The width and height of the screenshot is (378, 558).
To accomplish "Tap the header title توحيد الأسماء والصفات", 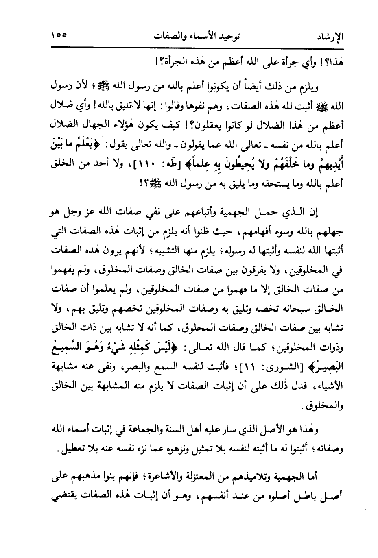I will [x=192, y=35].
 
